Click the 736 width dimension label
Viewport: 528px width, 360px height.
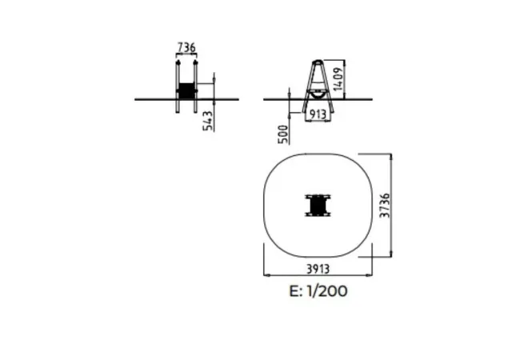coord(186,47)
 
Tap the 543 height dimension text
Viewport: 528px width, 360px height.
coord(208,121)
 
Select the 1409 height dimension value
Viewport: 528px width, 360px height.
coord(338,79)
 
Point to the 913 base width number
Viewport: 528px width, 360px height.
coord(318,114)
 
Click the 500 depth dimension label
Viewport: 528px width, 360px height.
coord(283,134)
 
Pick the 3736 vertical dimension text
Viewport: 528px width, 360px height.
coord(385,205)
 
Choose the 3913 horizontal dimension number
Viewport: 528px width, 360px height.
coord(318,269)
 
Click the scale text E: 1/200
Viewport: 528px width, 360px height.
coord(318,291)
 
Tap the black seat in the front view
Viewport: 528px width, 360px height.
coord(186,90)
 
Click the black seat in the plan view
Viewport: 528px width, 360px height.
coord(318,205)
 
